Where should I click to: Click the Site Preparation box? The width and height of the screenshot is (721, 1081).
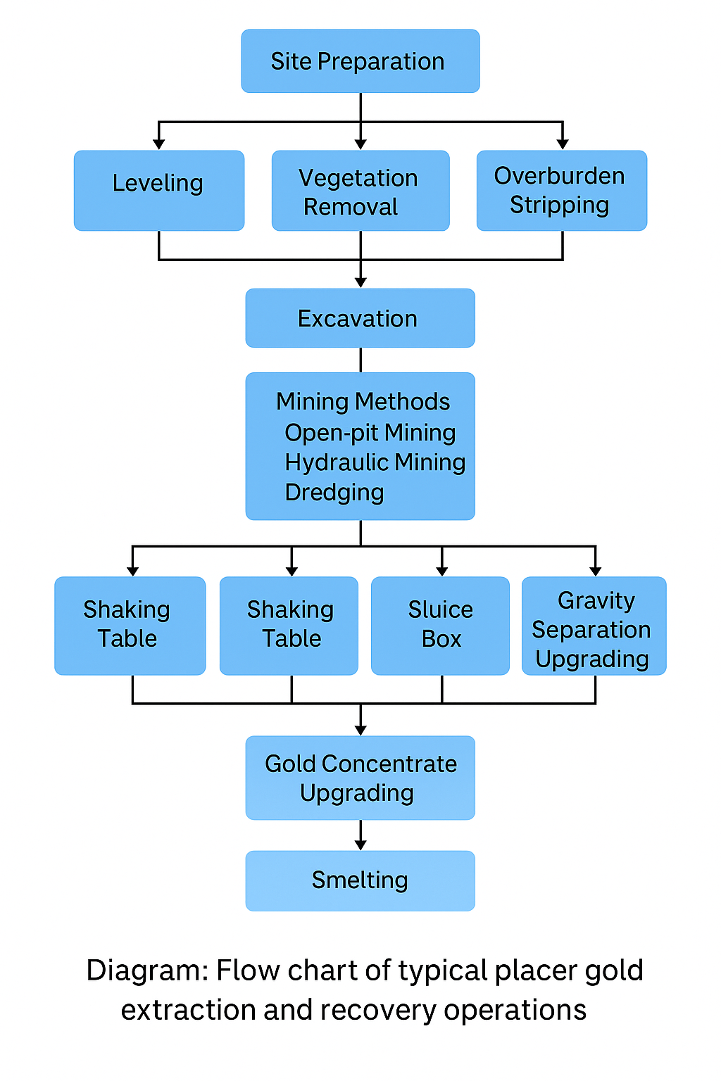click(x=360, y=61)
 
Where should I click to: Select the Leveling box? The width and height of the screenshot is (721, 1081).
click(x=158, y=190)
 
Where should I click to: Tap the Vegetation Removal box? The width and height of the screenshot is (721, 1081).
click(x=360, y=191)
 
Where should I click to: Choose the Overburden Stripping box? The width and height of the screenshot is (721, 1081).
click(x=561, y=191)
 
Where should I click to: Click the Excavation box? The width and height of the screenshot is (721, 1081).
click(x=360, y=318)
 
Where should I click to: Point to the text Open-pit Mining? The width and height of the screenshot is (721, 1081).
click(x=370, y=432)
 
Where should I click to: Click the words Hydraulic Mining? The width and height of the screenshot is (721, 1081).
click(x=375, y=462)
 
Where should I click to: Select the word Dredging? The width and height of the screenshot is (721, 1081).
click(x=334, y=492)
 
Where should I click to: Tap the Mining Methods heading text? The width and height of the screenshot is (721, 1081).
click(x=363, y=401)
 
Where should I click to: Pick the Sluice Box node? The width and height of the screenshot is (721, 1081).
click(x=440, y=625)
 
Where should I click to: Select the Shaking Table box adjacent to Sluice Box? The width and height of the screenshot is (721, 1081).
click(x=289, y=625)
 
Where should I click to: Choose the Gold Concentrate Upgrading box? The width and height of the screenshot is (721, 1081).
click(x=360, y=778)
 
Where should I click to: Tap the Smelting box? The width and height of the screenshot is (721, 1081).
click(x=360, y=880)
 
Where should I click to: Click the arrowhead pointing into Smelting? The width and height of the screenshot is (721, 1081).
click(x=360, y=845)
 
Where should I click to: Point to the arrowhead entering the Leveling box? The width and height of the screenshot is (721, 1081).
click(x=159, y=144)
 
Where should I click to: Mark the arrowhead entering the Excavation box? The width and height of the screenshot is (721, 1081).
click(x=360, y=282)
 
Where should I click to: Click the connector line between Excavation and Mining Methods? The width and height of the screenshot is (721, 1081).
click(x=360, y=360)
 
